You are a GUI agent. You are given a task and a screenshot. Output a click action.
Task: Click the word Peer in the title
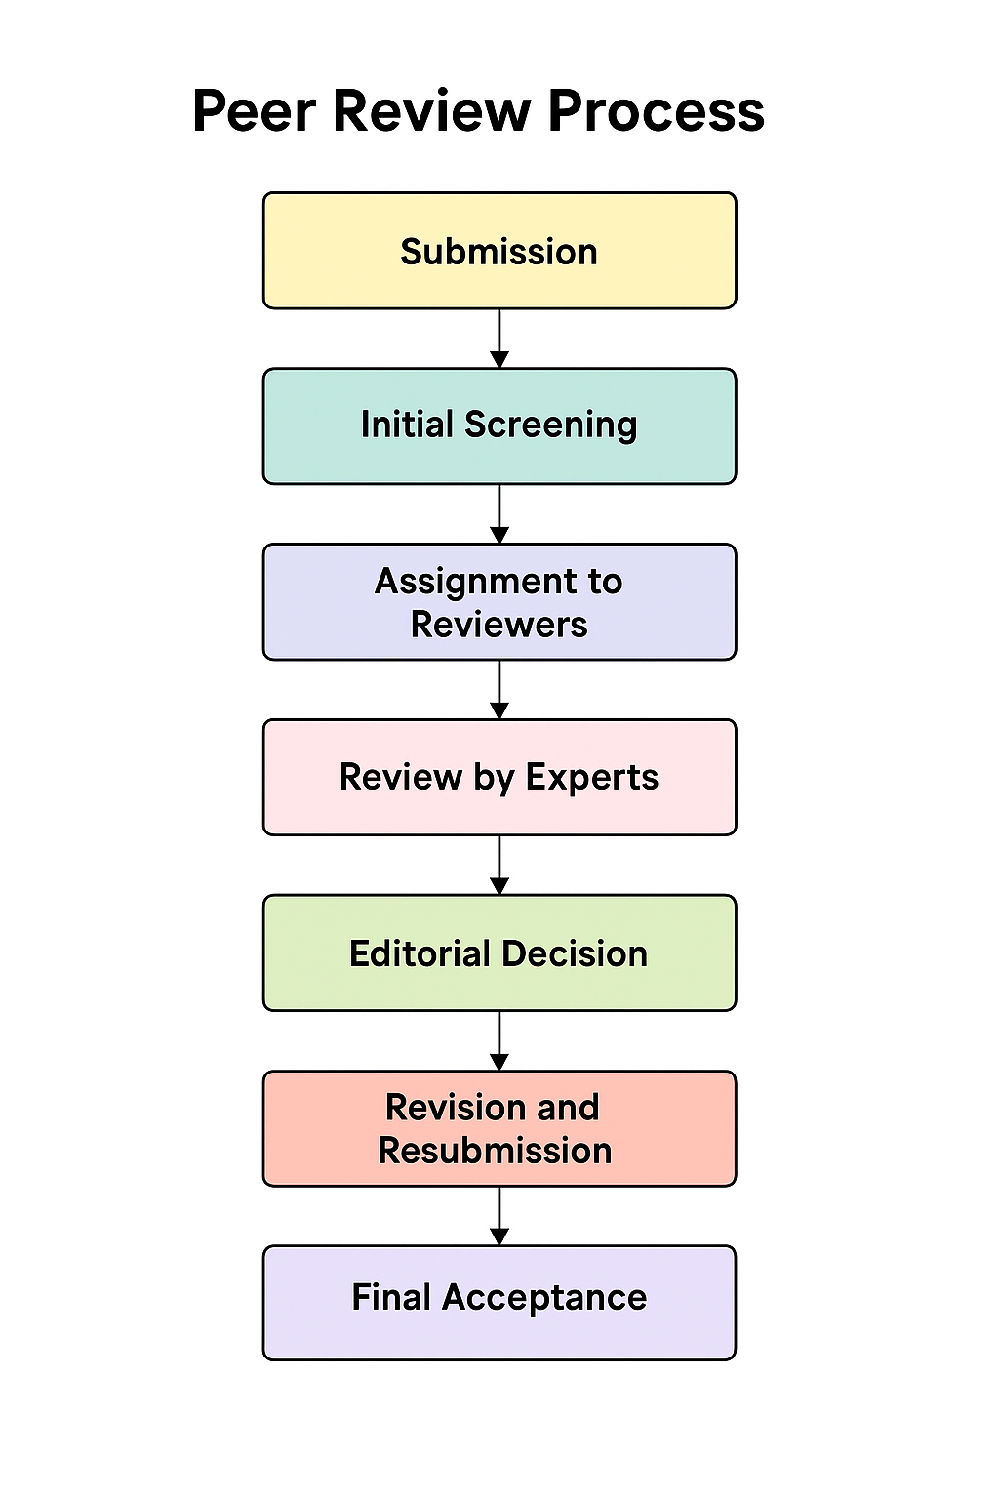click(x=254, y=111)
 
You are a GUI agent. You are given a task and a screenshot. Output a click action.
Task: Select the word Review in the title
click(x=431, y=111)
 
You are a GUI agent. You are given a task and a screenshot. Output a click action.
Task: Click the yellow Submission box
click(x=499, y=251)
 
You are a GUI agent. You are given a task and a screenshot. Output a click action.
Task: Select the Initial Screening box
click(x=499, y=425)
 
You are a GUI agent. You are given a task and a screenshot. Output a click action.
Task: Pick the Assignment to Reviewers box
click(x=499, y=602)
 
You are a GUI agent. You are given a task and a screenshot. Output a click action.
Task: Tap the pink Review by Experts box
click(x=499, y=777)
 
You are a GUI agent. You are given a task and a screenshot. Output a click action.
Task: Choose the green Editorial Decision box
click(x=499, y=952)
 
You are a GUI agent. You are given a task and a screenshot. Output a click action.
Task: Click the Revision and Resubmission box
click(x=499, y=1128)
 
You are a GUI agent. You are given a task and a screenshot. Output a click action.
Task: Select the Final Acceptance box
click(x=499, y=1302)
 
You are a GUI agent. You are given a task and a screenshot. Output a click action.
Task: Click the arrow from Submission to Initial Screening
click(x=499, y=340)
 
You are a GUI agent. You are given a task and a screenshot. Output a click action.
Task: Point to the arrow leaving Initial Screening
click(x=499, y=514)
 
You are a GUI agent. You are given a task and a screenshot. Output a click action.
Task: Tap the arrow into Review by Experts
click(x=499, y=690)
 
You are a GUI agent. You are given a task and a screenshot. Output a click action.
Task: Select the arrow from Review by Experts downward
click(x=499, y=866)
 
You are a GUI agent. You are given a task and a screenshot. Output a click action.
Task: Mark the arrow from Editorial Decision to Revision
click(x=499, y=1041)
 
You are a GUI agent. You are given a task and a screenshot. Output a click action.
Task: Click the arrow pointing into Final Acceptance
click(x=499, y=1216)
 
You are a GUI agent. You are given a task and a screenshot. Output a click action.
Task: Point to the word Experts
click(x=591, y=778)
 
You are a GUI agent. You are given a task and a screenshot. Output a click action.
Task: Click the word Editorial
click(x=419, y=953)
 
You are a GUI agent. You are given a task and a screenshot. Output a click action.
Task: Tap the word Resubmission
click(x=495, y=1151)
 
